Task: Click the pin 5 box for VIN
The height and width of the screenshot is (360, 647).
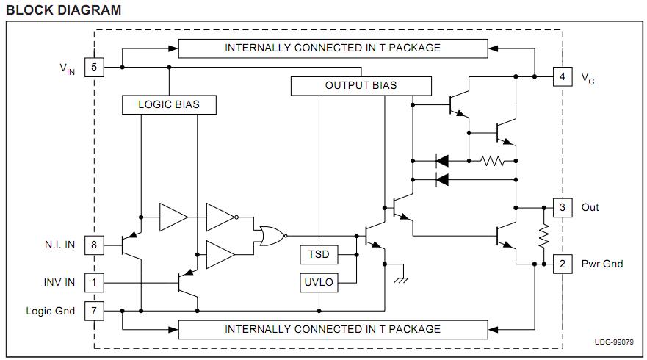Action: [94, 68]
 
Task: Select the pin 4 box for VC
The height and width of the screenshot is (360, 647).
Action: [562, 76]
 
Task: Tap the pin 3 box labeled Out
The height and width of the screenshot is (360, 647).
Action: [562, 207]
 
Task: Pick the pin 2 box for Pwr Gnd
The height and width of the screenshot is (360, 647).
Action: [562, 264]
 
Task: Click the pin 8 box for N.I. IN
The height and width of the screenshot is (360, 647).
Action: [94, 245]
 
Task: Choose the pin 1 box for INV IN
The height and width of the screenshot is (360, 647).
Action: [94, 281]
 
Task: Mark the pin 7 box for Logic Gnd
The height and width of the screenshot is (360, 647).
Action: [94, 311]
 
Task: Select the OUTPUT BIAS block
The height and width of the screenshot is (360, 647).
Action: [361, 86]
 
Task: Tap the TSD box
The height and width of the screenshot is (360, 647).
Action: [318, 255]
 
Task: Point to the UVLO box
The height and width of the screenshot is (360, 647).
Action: [318, 283]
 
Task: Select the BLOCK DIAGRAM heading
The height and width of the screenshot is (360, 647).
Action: [63, 10]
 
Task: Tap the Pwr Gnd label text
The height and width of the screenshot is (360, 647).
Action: [602, 264]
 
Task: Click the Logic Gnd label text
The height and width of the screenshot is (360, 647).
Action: [51, 311]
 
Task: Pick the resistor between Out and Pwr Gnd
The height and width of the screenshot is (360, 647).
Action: [545, 236]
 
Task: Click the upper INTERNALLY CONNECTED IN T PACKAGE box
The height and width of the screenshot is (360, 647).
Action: [333, 48]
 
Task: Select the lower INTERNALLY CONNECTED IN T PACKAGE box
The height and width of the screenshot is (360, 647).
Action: [333, 329]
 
